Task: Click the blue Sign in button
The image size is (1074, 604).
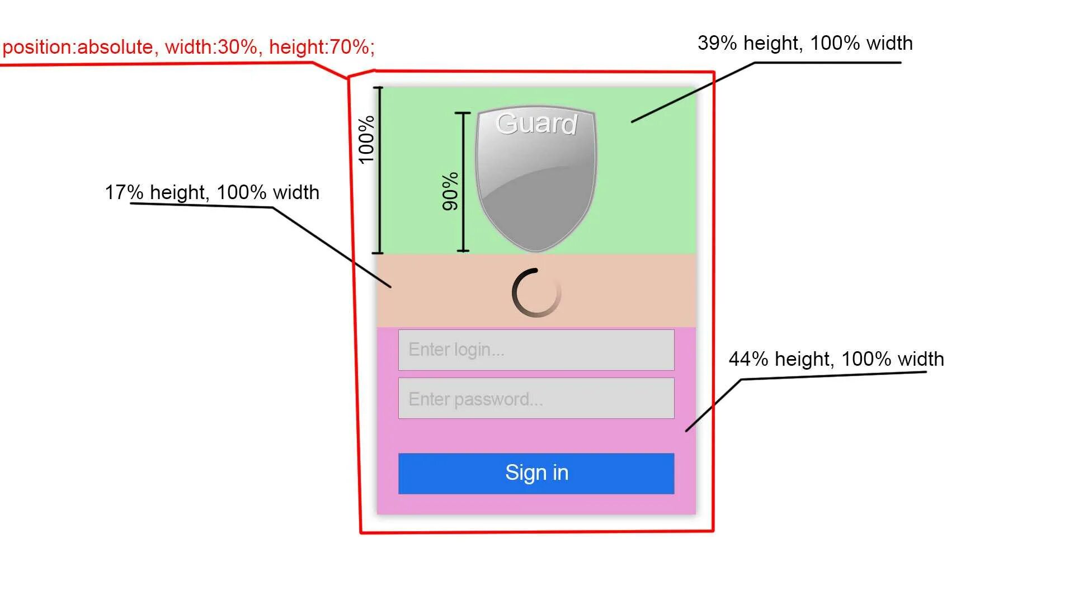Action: (536, 473)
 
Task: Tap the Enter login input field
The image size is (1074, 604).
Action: (536, 350)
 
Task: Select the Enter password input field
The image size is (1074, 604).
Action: (536, 398)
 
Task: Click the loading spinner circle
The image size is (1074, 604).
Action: (536, 292)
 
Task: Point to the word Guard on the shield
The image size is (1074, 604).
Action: (536, 124)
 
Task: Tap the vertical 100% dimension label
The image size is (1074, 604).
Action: (366, 139)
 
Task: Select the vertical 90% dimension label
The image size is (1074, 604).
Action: (450, 191)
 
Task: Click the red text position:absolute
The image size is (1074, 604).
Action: (78, 47)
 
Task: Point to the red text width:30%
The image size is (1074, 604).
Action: (212, 47)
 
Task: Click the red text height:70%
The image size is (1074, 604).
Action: (322, 47)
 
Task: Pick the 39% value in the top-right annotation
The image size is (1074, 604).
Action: (717, 43)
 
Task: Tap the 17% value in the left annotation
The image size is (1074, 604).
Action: (124, 192)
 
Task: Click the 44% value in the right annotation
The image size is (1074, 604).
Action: (748, 359)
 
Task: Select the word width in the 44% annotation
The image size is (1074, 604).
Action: (920, 359)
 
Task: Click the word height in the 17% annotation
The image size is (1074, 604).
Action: (177, 192)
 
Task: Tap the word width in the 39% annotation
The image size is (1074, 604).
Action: (889, 43)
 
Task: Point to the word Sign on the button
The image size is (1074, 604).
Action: (525, 473)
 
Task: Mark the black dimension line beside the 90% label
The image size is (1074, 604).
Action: (463, 182)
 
